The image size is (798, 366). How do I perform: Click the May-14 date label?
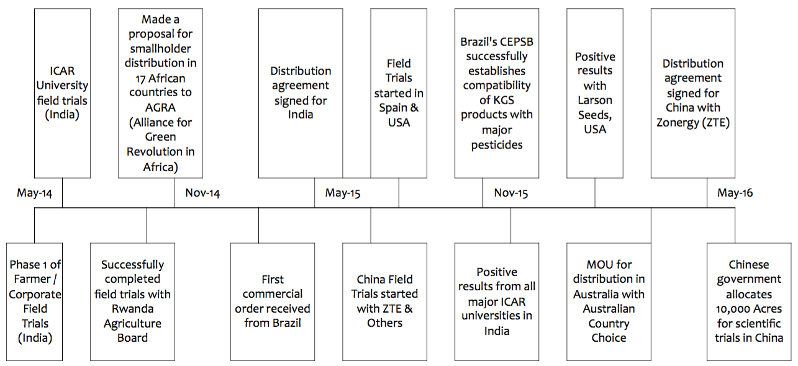point(35,193)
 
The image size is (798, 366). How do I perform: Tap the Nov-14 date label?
point(202,193)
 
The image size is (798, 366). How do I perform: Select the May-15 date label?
point(343,193)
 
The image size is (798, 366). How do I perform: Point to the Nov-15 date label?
point(511,193)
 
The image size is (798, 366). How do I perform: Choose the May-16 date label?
point(735,193)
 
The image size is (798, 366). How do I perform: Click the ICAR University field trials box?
point(62,93)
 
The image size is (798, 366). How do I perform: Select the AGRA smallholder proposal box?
point(160,93)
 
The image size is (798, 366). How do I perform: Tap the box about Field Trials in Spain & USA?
point(399,93)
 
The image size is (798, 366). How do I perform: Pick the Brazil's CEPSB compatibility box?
point(497,93)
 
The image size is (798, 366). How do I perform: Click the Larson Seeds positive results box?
point(595,93)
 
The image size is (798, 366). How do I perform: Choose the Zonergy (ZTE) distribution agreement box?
point(693,93)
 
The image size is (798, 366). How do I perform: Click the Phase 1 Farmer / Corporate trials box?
point(35,302)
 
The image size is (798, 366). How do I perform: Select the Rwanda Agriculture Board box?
point(132,302)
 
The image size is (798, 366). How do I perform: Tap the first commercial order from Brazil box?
point(273,302)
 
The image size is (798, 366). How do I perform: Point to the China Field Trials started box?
point(385,302)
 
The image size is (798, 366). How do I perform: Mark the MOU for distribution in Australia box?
point(609,302)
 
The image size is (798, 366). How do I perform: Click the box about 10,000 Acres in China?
point(749,302)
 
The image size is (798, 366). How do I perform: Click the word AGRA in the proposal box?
point(160,107)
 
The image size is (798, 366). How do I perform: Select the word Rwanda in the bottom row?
point(132,309)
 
